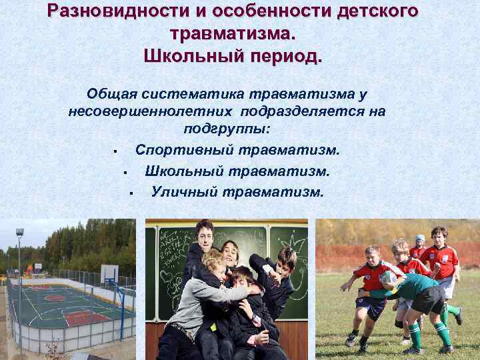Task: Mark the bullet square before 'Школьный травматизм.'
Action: [125, 173]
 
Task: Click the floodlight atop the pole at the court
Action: [20, 233]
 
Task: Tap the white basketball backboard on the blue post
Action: [109, 273]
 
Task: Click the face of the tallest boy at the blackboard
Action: [204, 235]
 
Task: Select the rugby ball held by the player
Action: [388, 276]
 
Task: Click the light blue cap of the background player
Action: [420, 238]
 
